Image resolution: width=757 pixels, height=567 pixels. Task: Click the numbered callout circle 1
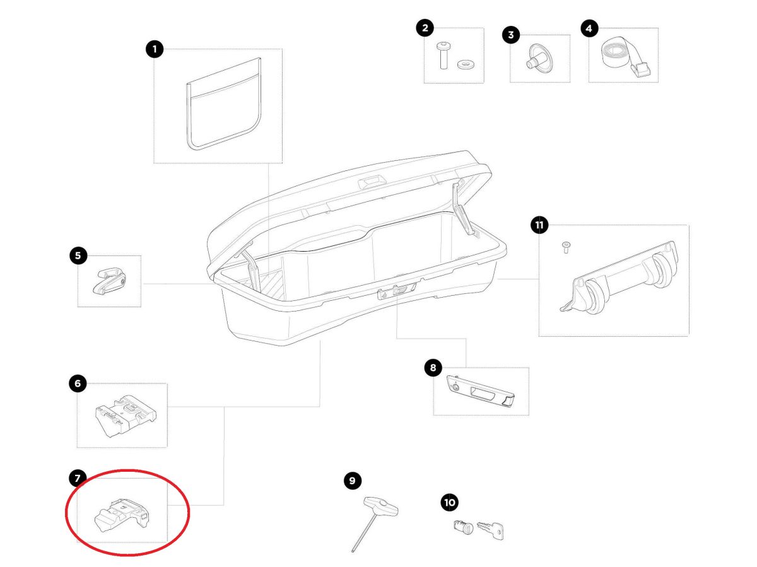click(154, 49)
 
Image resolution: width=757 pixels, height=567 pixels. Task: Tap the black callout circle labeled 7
click(77, 478)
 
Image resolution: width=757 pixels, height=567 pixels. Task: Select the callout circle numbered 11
click(539, 225)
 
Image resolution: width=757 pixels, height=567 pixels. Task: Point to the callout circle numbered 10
click(449, 503)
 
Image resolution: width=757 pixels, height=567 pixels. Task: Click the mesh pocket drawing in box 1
click(223, 104)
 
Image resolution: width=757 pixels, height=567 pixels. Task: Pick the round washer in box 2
click(465, 64)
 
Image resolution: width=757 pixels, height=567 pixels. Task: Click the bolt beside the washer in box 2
click(442, 55)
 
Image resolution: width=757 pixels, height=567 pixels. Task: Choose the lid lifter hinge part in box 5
click(109, 281)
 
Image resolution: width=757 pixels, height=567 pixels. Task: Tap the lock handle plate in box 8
click(480, 391)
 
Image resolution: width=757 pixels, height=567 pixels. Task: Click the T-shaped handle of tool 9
click(381, 506)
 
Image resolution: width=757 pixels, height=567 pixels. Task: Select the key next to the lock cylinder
click(490, 530)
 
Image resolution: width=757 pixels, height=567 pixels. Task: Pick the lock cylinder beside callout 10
click(463, 527)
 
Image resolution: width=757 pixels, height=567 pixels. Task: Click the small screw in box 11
click(566, 247)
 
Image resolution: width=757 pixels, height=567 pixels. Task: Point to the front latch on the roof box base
click(397, 291)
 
